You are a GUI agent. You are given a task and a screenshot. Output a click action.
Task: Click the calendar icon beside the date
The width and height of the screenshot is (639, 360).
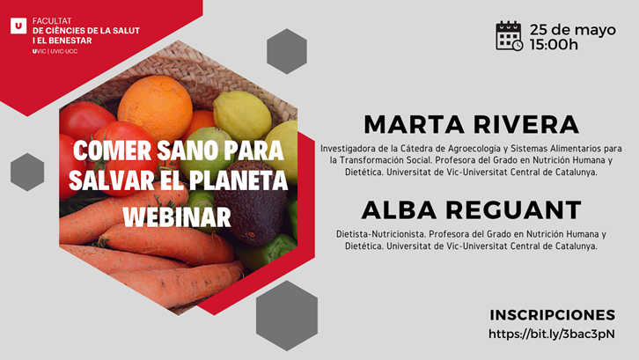point(510,36)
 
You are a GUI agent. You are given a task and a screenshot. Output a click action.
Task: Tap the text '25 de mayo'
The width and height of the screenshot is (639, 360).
point(573,30)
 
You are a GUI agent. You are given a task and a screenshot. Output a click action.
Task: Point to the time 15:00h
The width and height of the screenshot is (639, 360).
point(554,44)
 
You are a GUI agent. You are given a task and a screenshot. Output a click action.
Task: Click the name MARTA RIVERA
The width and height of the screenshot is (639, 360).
point(471,124)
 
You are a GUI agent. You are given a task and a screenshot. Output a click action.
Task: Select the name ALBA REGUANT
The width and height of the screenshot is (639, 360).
point(471,210)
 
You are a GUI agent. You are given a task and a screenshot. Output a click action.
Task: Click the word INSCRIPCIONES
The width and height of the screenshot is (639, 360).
point(553,315)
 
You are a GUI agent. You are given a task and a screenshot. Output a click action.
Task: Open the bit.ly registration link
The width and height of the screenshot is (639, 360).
point(552,334)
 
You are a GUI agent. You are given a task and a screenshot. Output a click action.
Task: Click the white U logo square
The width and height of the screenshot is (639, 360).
point(18,26)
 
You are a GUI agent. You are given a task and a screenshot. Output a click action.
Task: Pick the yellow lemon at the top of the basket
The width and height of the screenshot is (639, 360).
point(242,115)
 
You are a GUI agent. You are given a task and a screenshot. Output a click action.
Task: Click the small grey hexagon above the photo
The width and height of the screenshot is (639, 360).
point(287,51)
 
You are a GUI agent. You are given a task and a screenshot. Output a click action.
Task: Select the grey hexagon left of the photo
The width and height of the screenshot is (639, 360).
point(27,172)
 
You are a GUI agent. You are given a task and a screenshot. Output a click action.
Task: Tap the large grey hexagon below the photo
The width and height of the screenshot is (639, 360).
point(287,316)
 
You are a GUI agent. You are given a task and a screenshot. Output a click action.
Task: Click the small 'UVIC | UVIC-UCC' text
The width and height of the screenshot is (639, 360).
point(55,51)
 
